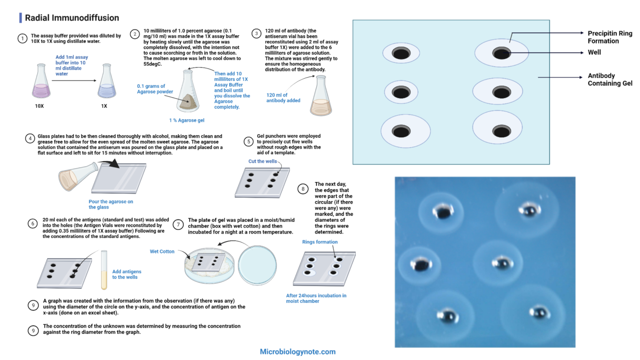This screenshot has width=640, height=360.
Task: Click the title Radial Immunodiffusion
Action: [72, 18]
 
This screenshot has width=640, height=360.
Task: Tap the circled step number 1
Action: [22, 39]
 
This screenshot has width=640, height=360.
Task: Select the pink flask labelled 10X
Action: [41, 82]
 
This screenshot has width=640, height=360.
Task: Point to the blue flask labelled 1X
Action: [107, 82]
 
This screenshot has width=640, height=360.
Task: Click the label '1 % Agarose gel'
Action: [187, 120]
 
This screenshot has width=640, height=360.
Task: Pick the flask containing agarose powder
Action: [188, 92]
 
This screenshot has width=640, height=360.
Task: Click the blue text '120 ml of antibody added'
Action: [283, 98]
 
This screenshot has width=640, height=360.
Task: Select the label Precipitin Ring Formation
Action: [610, 37]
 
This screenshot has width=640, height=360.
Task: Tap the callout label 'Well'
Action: [594, 52]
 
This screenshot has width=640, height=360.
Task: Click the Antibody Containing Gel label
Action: [610, 80]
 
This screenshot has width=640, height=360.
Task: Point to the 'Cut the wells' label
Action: [262, 161]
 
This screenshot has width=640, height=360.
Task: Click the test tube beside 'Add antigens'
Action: [104, 270]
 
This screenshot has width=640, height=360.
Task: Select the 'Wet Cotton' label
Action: [162, 252]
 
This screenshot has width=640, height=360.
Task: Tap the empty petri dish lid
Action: [257, 265]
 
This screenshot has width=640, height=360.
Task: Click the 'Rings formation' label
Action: [320, 242]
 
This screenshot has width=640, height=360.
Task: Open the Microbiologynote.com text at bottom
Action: [297, 352]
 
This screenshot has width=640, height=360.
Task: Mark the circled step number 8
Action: [303, 189]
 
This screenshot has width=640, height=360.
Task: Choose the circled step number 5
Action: [249, 142]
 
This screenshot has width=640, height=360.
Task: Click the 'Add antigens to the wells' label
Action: [126, 274]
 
